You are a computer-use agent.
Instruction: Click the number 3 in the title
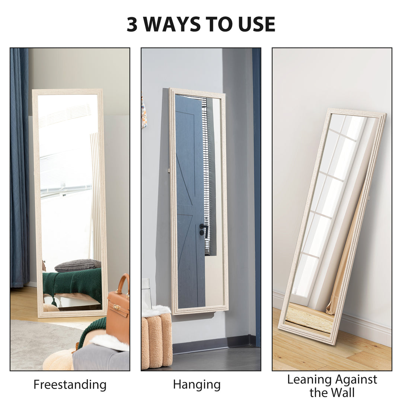[x=133, y=24]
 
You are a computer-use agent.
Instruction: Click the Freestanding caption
[x=70, y=385]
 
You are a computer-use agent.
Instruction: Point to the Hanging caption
[x=197, y=385]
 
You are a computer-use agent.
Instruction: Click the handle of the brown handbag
[x=122, y=283]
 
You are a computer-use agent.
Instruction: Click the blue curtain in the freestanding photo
[x=19, y=167]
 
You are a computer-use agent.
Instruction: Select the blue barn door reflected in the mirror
[x=190, y=201]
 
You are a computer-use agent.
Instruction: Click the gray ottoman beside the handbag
[x=100, y=359]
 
